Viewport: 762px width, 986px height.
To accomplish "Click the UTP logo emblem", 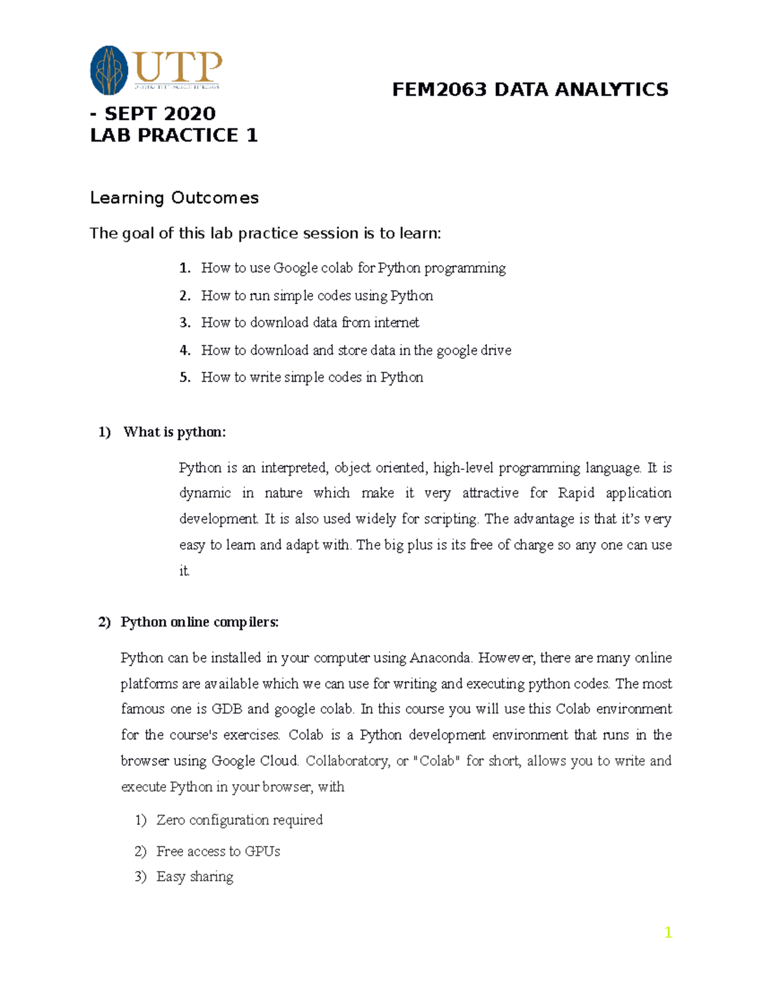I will click(x=109, y=70).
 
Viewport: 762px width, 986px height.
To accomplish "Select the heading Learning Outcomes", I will click(x=174, y=198).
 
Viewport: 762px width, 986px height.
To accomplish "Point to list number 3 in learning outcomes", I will click(x=185, y=323).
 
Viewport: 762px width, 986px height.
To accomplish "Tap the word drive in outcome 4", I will click(x=496, y=350).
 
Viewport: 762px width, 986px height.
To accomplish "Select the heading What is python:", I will click(x=174, y=432).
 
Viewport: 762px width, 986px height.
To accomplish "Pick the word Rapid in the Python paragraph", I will click(x=576, y=493).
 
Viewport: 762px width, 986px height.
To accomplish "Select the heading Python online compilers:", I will click(x=199, y=622).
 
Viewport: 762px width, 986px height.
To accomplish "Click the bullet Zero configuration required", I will click(x=239, y=820).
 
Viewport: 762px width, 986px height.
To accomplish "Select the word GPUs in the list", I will click(x=262, y=851).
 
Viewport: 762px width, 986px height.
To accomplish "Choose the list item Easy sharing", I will click(x=194, y=877).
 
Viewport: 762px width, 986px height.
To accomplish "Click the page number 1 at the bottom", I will click(x=667, y=932).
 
